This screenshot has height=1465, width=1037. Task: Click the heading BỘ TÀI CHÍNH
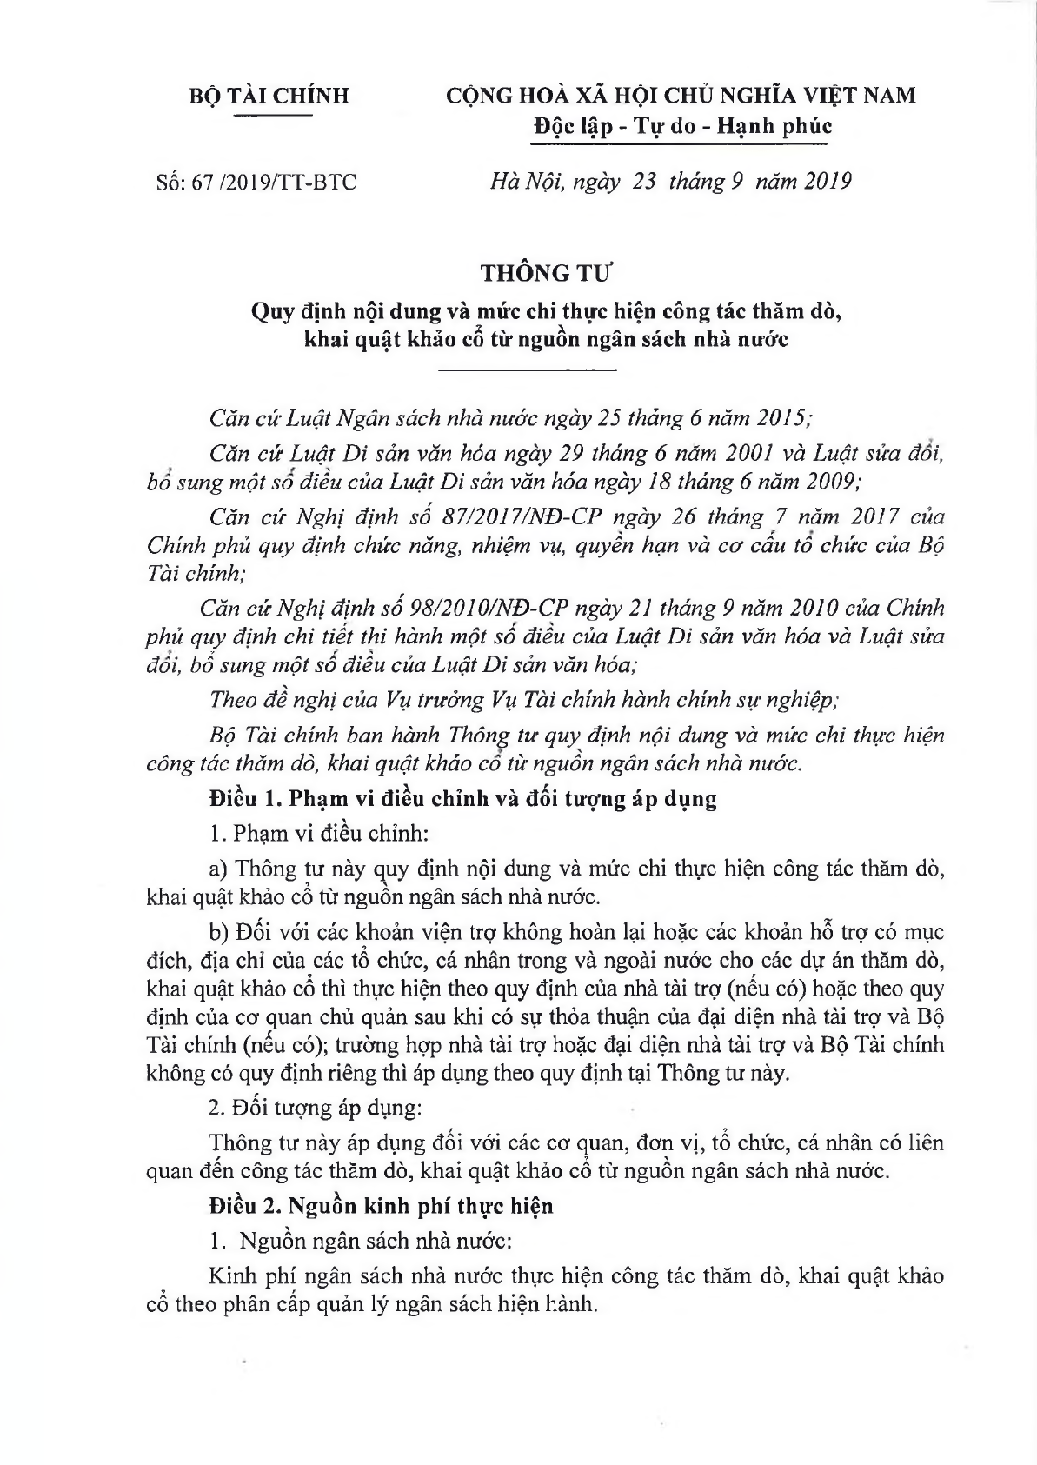(x=269, y=95)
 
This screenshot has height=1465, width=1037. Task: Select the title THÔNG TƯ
(x=548, y=273)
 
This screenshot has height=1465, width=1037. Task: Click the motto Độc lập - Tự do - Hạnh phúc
(x=682, y=126)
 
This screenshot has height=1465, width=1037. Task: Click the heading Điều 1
(x=240, y=798)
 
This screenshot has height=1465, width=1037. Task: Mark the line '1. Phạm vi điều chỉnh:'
(x=320, y=832)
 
